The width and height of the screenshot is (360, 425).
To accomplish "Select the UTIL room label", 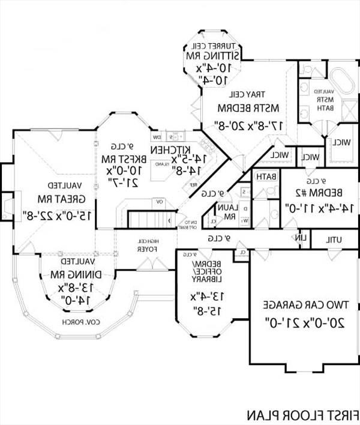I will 334,239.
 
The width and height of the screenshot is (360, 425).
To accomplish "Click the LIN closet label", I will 302,238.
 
